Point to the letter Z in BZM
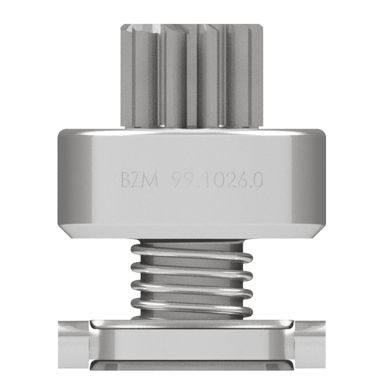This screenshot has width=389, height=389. [x=138, y=181]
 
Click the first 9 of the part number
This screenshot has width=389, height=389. [x=177, y=181]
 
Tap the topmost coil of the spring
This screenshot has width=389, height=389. [x=192, y=256]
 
